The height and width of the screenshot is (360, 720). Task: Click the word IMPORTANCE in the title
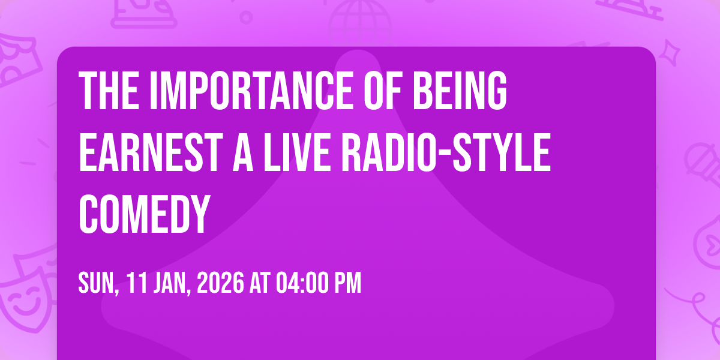pos(251,91)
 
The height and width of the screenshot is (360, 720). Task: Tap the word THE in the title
pos(109,91)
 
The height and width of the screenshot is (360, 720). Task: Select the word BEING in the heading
pos(460,91)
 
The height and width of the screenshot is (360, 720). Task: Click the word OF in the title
pos(383,91)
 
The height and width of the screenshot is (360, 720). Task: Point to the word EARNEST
pos(151,152)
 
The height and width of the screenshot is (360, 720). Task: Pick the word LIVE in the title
pos(297,152)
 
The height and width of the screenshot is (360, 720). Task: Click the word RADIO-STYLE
pos(446,152)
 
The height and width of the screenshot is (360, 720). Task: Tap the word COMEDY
pos(145,214)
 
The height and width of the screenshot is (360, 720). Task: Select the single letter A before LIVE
pos(243,152)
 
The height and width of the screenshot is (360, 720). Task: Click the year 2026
pos(220,283)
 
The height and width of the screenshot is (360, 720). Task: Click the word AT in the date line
pos(260,283)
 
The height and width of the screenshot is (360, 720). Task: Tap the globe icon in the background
pos(360,23)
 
